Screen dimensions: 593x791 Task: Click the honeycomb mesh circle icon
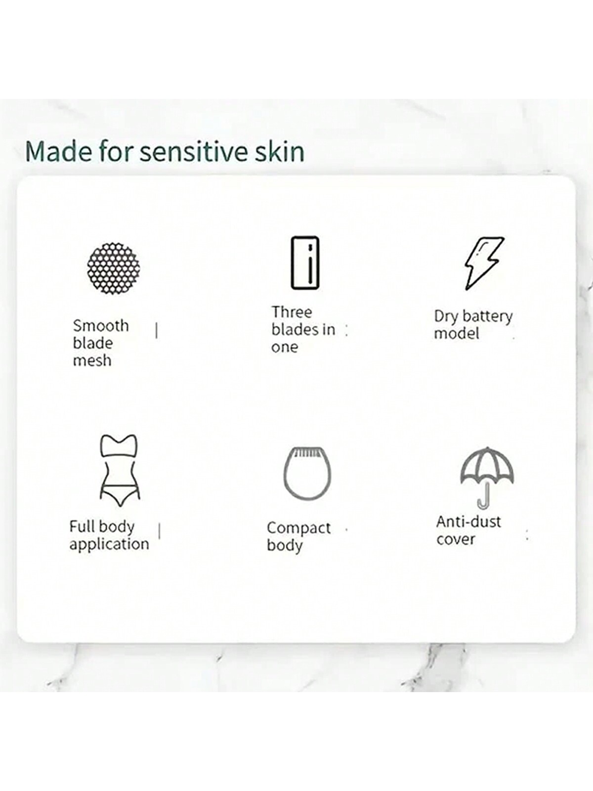click(x=114, y=268)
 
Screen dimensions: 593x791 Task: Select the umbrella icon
click(x=487, y=477)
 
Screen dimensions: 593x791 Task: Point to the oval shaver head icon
click(x=307, y=476)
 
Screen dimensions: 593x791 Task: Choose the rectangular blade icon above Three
click(x=305, y=263)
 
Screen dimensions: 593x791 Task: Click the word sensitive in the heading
click(x=195, y=152)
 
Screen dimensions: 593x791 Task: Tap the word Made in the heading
click(x=59, y=151)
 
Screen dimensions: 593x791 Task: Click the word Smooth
click(x=101, y=326)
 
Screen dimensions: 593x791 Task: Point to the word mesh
click(x=92, y=360)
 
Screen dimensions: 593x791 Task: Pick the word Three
click(x=292, y=312)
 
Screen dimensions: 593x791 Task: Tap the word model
click(x=457, y=333)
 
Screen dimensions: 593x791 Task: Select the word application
click(x=109, y=544)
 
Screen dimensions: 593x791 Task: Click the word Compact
click(x=299, y=528)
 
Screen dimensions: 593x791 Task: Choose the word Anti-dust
click(x=468, y=522)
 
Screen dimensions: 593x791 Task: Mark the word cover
click(x=456, y=539)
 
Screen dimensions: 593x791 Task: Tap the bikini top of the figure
click(x=119, y=446)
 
